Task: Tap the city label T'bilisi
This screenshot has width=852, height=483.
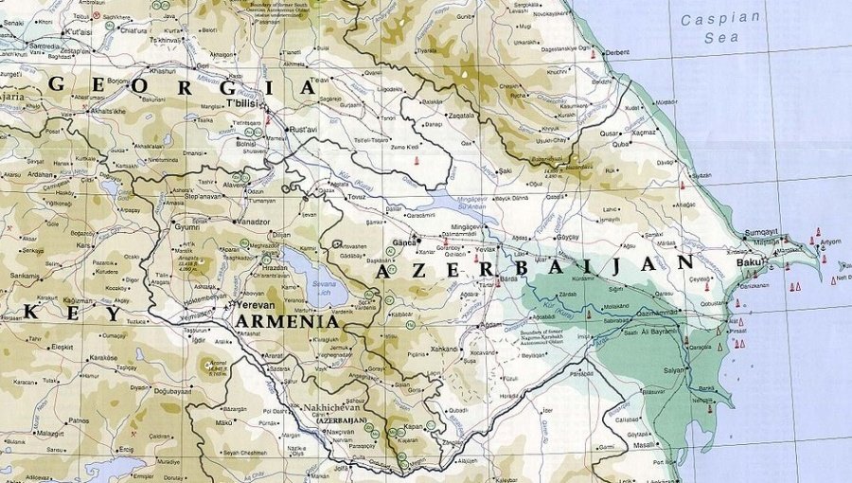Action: point(241,101)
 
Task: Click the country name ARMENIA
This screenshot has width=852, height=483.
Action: point(287,322)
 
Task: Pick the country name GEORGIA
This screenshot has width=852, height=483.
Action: point(180,85)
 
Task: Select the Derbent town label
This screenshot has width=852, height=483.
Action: point(616,52)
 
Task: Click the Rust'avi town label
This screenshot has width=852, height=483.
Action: point(302,129)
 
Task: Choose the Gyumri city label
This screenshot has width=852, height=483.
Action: point(185,227)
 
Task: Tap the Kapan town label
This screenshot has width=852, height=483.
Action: point(413,427)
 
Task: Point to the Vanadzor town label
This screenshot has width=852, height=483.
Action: point(253,222)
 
